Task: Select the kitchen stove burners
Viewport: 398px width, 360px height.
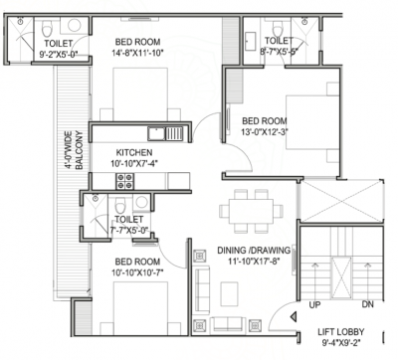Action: tap(125, 181)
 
